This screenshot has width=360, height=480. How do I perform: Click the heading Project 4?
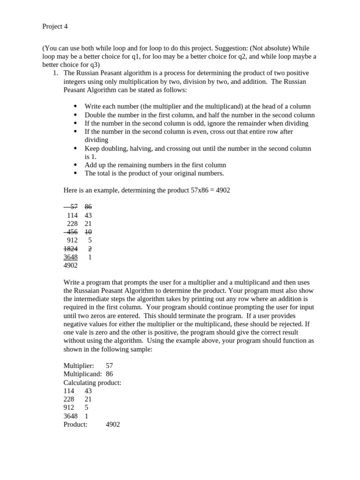coord(55,27)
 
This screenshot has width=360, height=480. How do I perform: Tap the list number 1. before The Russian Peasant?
coord(55,73)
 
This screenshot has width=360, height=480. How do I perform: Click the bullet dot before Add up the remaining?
coord(75,165)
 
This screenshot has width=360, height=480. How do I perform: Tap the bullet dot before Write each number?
coord(75,107)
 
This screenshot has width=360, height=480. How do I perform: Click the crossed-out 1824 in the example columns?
coord(70,249)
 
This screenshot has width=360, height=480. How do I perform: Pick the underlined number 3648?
coord(70,257)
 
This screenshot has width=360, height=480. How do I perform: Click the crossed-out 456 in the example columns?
coord(72,232)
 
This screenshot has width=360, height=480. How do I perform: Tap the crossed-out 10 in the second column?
coord(88,232)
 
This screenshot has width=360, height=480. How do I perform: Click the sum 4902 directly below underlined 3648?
coord(70,266)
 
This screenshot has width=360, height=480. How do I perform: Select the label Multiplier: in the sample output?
coord(78,366)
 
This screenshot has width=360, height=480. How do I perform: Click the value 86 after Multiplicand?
coord(110,374)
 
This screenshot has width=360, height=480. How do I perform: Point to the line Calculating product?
coord(92,382)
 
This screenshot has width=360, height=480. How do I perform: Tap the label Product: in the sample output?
coord(75,425)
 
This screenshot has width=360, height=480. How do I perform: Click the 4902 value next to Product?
coord(113,425)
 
